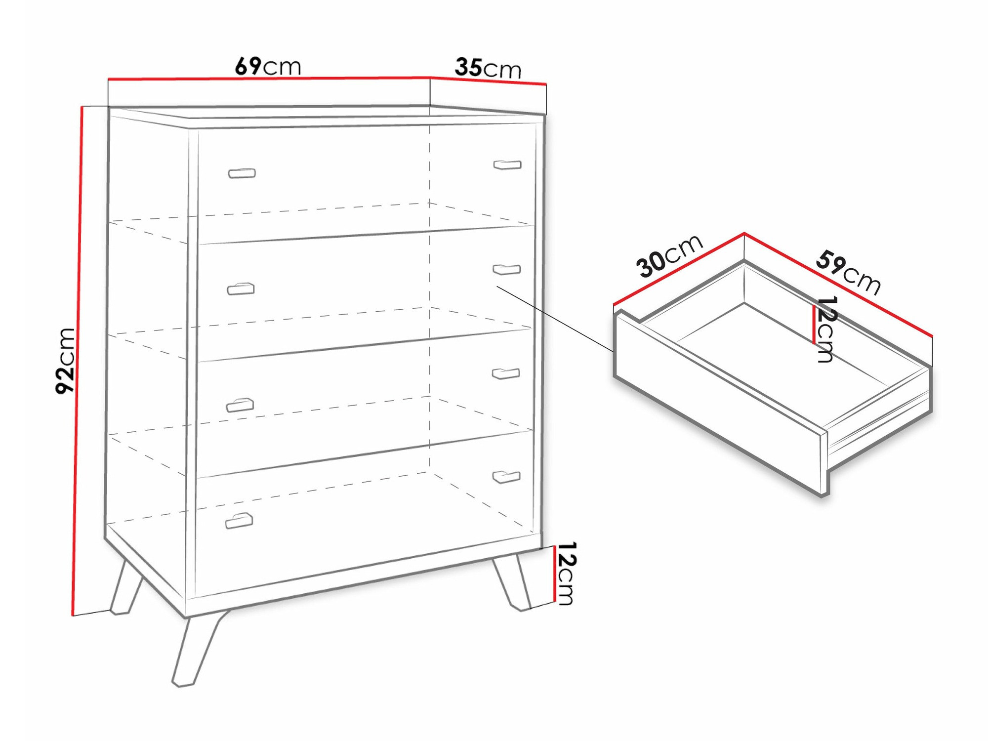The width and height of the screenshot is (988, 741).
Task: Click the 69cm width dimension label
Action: coord(268,66)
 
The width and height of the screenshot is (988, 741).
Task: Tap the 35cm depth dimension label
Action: coord(488,68)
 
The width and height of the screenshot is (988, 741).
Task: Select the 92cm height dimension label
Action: coord(65,361)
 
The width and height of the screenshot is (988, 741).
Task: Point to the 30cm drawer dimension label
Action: coord(669,255)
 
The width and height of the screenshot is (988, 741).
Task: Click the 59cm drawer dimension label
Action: coord(848,272)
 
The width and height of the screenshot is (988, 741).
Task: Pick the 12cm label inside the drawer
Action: coord(825,329)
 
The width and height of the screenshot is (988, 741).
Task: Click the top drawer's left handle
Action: coord(242,173)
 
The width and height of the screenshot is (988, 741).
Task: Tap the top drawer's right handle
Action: coord(507,165)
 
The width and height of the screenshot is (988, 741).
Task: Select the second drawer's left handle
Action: coord(241,289)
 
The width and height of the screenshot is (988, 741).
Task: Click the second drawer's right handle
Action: coord(507,269)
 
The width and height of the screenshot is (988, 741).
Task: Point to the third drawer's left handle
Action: coord(240,405)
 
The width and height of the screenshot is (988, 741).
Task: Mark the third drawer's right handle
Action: coord(506,373)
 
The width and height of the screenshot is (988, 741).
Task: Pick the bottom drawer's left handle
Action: coord(239,521)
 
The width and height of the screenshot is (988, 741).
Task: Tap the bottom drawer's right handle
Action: coord(506,477)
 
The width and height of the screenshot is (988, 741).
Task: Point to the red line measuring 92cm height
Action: coord(77,361)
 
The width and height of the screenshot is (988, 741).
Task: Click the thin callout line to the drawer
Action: coord(555,319)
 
